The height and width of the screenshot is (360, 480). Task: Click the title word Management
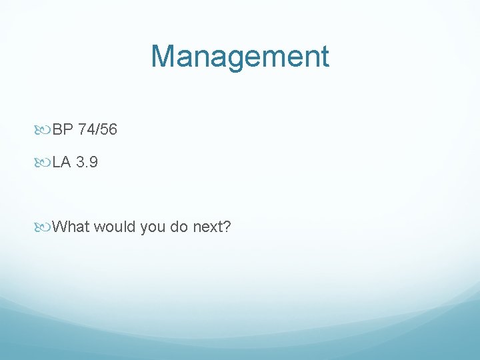pos(239,56)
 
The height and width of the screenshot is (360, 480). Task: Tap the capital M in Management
pos(163,56)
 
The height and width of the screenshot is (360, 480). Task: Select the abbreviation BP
pos(62,129)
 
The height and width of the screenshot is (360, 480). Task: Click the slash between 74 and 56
pos(97,129)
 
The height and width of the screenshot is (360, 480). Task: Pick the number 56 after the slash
pos(109,129)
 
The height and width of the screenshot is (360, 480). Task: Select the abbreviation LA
pos(61,162)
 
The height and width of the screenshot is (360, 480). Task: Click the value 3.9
pos(87,162)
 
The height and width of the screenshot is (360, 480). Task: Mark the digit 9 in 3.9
pos(94,162)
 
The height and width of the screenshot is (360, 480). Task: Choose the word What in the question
pos(71,227)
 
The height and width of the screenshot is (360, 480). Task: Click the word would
pos(115,227)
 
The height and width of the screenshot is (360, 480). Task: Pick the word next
pos(207,227)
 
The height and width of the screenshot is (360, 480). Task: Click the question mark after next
pos(227,227)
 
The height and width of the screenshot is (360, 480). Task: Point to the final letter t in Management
pos(324,56)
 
